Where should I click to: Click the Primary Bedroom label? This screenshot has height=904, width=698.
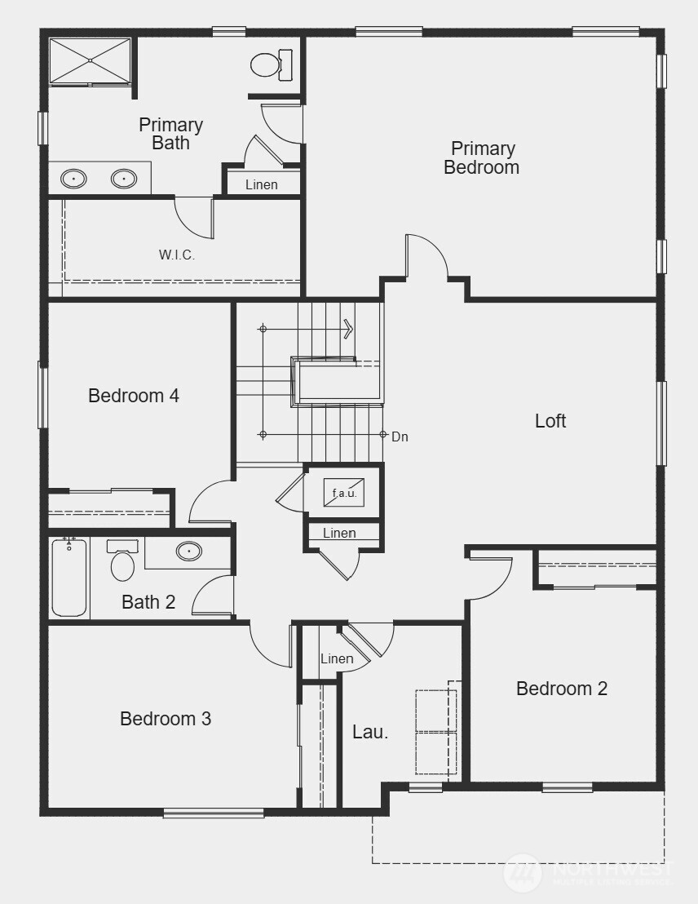482,158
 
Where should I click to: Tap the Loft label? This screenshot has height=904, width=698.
550,421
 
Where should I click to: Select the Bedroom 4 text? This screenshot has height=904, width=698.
134,396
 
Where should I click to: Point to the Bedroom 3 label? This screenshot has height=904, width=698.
166,719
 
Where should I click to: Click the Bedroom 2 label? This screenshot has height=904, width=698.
562,689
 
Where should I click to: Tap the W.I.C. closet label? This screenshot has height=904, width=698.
177,255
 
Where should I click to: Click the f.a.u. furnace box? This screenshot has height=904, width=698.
343,493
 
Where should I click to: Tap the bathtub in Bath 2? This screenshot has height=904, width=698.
69,578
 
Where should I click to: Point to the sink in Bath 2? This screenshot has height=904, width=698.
189,552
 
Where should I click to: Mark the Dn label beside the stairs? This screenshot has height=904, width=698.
400,437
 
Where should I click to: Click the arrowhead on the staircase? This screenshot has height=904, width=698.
349,329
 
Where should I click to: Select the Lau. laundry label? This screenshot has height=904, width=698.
370,732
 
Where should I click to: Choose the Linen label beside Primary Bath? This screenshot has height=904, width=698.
262,184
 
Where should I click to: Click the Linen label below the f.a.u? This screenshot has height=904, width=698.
339,534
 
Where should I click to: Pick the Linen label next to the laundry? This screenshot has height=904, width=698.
337,658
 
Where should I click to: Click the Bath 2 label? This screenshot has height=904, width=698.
148,602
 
